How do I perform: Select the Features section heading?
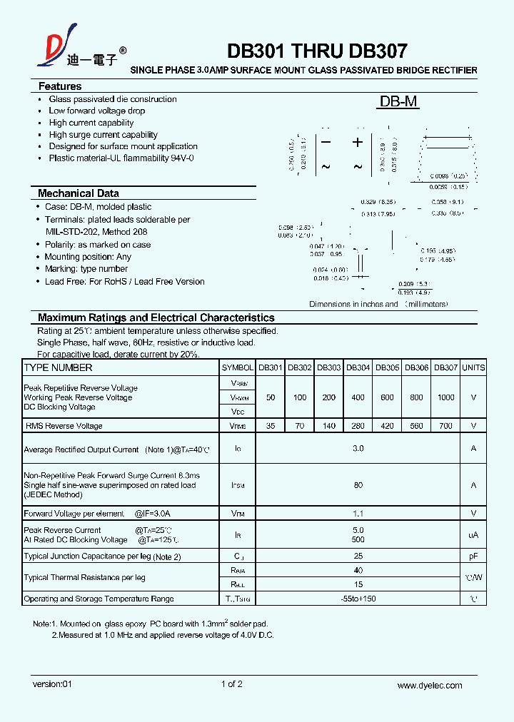pos(60,86)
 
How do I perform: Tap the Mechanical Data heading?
pos(79,193)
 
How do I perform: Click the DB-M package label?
pos(398,102)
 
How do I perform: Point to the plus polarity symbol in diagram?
pos(358,142)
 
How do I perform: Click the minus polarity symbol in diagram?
pos(326,142)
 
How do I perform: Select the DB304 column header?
pos(358,368)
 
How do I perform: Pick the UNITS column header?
pos(473,368)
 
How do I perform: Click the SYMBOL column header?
pos(238,368)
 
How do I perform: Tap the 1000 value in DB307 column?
pos(445,397)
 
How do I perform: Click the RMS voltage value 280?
pos(358,426)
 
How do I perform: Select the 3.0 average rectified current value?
pos(358,449)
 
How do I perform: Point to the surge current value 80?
pos(358,485)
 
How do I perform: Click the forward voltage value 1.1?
pos(358,513)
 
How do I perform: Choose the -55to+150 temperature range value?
pos(358,599)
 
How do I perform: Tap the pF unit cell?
pos(473,556)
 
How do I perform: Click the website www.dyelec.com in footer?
pos(430,686)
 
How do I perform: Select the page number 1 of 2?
pos(232,685)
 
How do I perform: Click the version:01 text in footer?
pos(53,685)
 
